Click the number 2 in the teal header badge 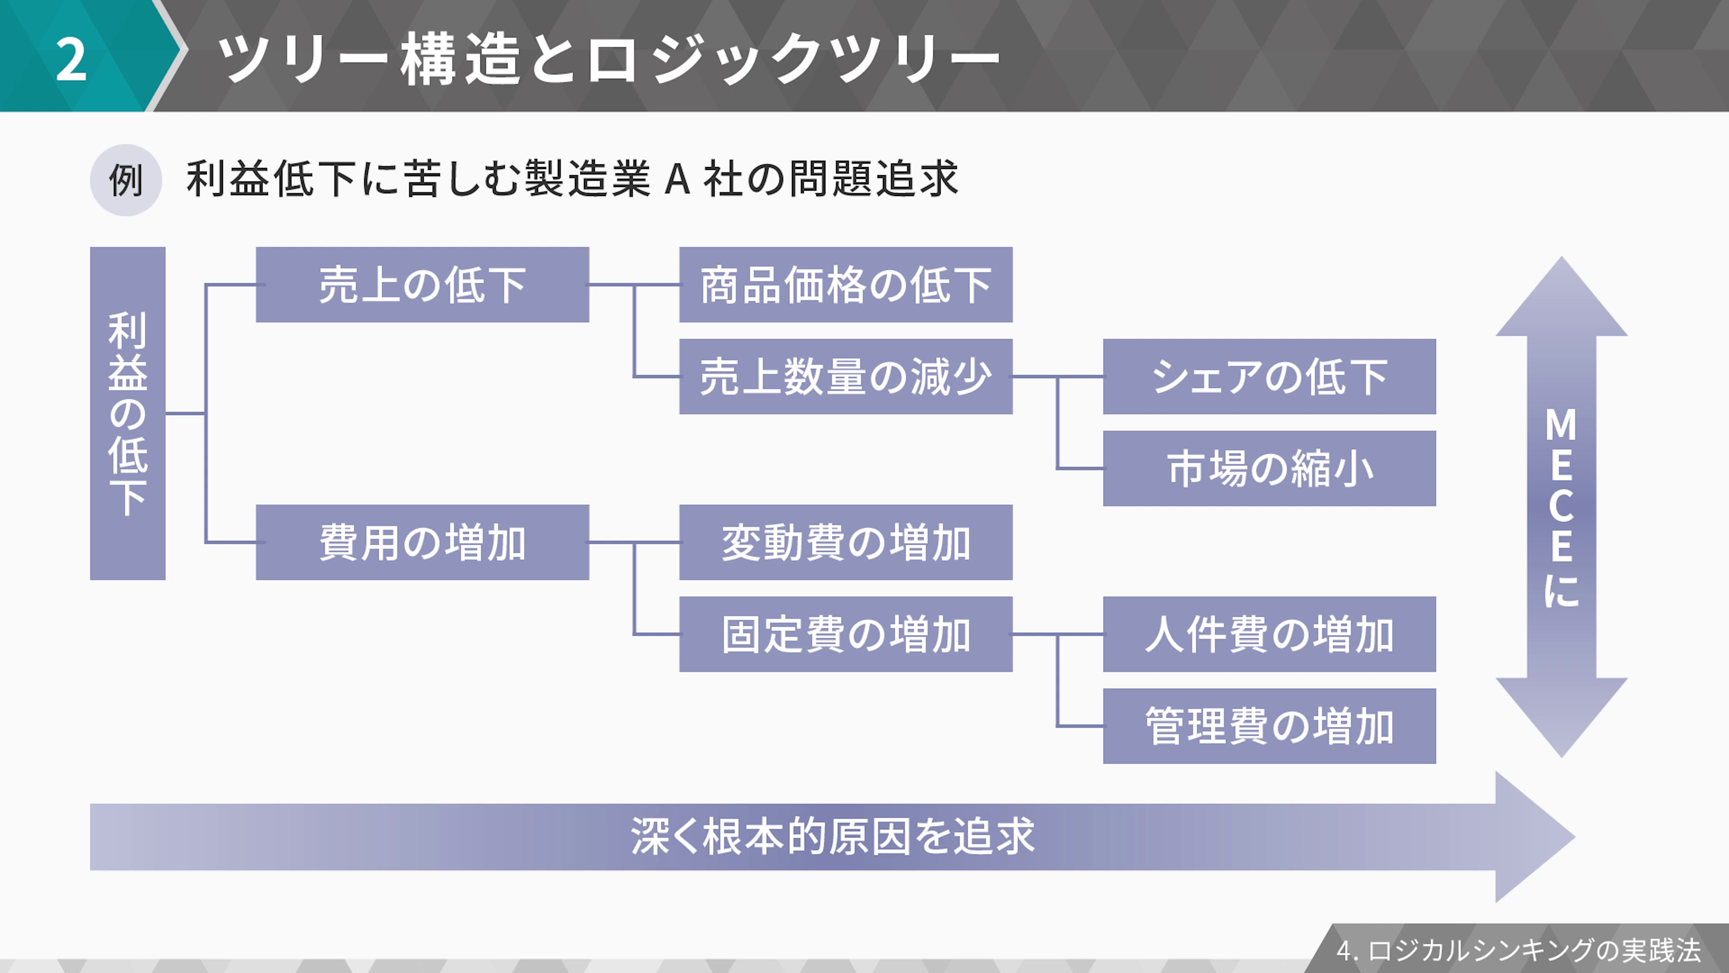[x=71, y=59]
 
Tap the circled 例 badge [x=126, y=180]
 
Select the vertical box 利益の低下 [x=127, y=413]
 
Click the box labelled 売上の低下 [x=422, y=285]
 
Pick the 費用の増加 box [x=422, y=542]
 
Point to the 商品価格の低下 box [x=846, y=285]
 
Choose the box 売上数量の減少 [x=846, y=376]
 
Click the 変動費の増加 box [x=846, y=542]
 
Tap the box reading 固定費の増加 [x=846, y=634]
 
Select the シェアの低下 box [x=1269, y=376]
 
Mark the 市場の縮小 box [x=1269, y=468]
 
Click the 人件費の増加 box [x=1269, y=634]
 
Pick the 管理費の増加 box [x=1269, y=726]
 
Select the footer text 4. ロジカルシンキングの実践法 [x=1518, y=950]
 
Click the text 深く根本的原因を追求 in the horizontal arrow [x=832, y=837]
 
